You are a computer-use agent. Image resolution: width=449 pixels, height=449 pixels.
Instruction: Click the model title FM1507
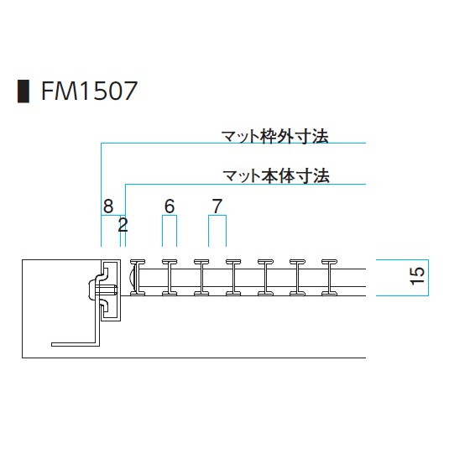[89, 91]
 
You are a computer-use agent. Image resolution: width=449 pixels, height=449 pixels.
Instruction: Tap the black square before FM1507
[23, 91]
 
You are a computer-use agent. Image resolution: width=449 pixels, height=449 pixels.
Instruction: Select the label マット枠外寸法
[275, 136]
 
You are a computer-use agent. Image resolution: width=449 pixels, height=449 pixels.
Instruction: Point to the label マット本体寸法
[276, 175]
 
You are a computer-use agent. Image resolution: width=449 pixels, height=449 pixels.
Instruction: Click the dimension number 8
[108, 206]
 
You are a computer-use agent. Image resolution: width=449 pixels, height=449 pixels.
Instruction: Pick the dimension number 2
[123, 225]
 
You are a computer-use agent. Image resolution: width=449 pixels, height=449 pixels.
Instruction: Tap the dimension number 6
[170, 206]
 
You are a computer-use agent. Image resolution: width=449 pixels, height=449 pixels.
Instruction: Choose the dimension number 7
[217, 206]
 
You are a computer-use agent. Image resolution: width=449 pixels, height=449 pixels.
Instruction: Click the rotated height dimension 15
[417, 276]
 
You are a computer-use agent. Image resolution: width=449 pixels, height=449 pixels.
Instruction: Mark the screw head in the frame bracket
[92, 290]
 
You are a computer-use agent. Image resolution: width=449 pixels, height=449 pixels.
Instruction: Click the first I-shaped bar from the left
[138, 278]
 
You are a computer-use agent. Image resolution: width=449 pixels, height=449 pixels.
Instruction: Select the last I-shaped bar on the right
[329, 278]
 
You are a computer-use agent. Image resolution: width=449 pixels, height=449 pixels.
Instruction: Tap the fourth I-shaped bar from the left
[233, 278]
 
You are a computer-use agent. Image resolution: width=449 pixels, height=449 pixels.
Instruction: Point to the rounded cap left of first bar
[131, 278]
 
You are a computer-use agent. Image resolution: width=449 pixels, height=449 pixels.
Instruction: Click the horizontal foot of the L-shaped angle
[76, 344]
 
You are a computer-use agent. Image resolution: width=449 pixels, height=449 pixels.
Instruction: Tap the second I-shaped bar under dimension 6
[170, 278]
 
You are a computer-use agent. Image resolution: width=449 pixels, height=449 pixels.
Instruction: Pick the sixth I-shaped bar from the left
[297, 278]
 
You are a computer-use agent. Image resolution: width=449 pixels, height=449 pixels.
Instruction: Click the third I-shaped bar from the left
[201, 278]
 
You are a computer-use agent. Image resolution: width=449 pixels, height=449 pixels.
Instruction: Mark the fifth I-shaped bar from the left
[265, 278]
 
